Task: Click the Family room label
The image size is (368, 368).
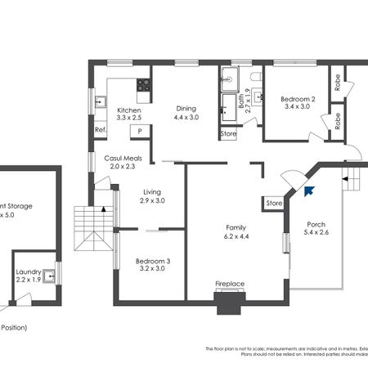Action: click(237, 227)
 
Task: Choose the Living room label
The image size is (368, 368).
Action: click(152, 192)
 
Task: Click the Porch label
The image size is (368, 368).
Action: click(316, 224)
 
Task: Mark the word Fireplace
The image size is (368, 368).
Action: click(230, 285)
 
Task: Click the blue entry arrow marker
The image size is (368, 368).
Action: click(309, 191)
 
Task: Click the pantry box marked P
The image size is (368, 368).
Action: click(140, 131)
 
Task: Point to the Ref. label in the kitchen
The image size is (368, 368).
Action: click(101, 130)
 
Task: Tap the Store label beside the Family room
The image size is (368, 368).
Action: click(274, 203)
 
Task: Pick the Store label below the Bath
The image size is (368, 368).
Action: click(228, 133)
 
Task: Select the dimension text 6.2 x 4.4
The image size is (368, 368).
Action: click(237, 236)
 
